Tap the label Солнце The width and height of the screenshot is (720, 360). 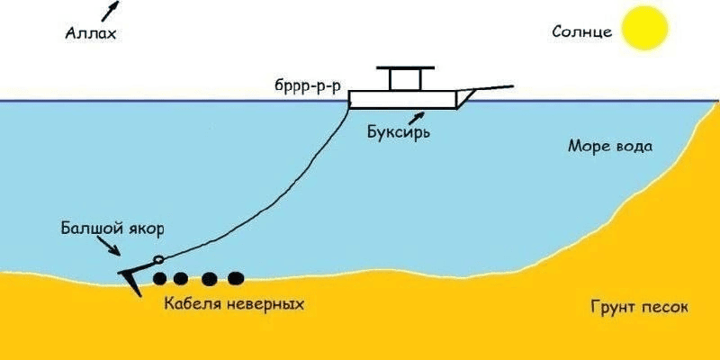(x=582, y=32)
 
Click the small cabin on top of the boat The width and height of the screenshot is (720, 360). (x=404, y=78)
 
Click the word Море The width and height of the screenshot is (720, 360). (x=588, y=146)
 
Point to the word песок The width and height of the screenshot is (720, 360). (x=665, y=307)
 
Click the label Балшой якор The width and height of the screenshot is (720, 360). (x=113, y=229)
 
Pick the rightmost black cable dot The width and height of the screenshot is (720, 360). (x=236, y=278)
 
